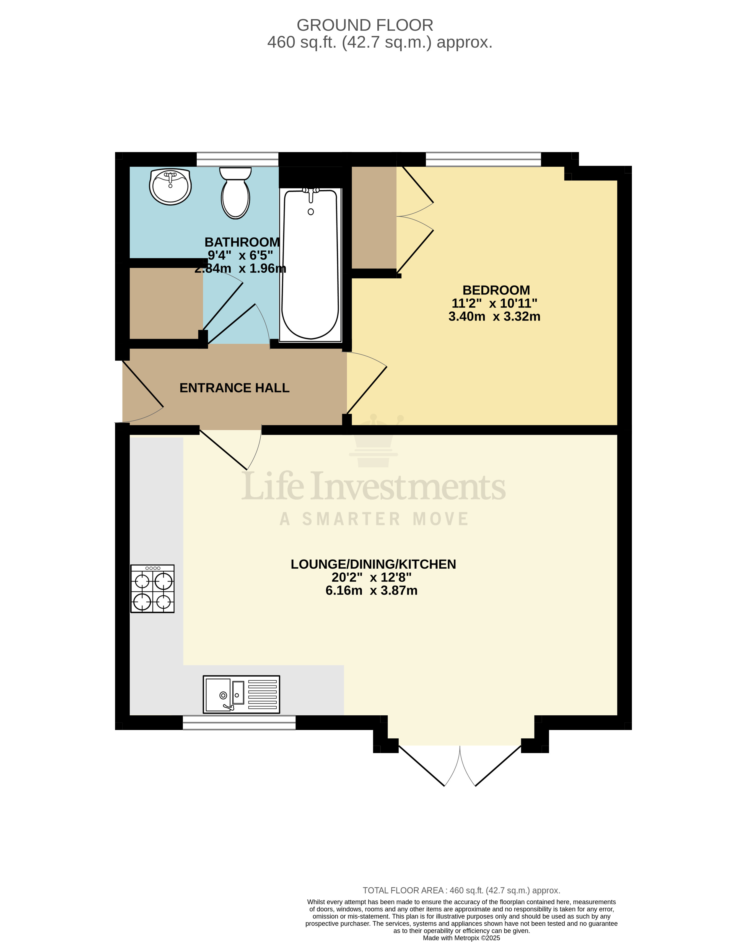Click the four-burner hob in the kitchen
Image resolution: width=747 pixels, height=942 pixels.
[x=152, y=589]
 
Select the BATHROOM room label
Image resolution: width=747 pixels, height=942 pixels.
[x=242, y=242]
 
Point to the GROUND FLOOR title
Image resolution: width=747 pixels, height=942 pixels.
[x=365, y=25]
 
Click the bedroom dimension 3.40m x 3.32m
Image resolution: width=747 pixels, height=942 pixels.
[x=494, y=316]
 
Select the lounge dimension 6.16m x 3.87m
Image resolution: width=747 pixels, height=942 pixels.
[x=371, y=591]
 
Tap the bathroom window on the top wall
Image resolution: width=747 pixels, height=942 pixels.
[x=237, y=159]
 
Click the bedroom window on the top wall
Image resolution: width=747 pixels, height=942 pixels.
[x=483, y=159]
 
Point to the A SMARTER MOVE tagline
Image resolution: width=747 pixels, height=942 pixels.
[x=374, y=519]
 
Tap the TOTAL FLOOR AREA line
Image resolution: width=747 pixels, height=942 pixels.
[x=461, y=891]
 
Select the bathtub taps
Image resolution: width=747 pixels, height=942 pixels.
[x=311, y=191]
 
